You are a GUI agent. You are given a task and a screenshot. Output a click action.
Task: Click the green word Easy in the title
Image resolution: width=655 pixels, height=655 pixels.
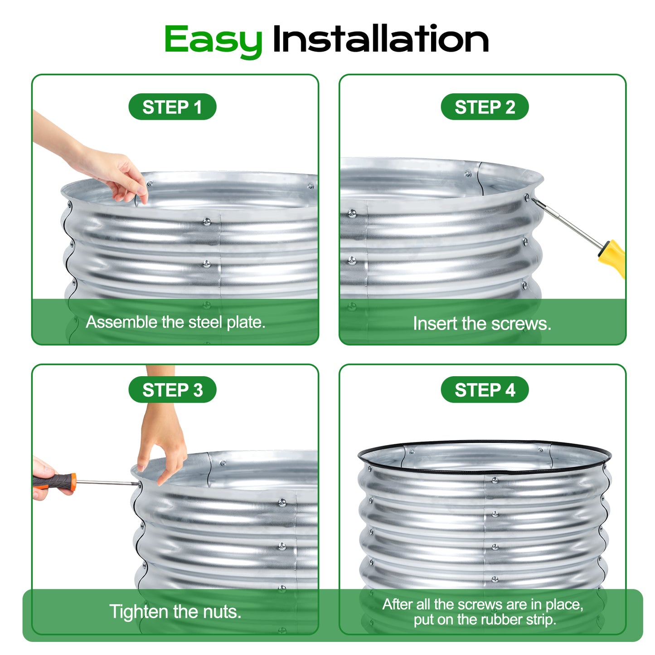click(x=213, y=40)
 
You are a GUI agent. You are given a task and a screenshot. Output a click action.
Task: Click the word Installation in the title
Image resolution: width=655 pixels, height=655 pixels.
click(x=380, y=39)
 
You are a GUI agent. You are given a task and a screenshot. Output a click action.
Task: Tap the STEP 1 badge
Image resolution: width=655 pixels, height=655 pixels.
click(x=172, y=107)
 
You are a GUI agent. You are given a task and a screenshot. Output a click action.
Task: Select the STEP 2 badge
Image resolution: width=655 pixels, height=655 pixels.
click(x=485, y=107)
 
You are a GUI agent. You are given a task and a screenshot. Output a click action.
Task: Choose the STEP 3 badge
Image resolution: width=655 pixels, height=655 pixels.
click(x=172, y=390)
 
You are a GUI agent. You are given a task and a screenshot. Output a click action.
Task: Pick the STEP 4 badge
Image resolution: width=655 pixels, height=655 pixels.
click(x=485, y=390)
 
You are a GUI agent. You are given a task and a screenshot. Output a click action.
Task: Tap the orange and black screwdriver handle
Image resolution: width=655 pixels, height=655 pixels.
click(x=55, y=481)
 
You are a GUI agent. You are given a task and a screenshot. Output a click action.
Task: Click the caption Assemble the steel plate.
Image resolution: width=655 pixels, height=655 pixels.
click(x=175, y=322)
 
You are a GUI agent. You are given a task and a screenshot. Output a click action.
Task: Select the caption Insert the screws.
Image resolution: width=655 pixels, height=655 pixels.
click(x=482, y=324)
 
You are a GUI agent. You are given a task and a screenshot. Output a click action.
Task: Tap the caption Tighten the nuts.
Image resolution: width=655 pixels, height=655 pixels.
click(x=175, y=612)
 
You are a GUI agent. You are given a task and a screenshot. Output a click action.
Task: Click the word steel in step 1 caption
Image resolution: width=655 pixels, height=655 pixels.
click(x=205, y=322)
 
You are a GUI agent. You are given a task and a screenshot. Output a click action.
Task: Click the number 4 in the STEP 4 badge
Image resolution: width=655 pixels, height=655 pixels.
click(x=510, y=390)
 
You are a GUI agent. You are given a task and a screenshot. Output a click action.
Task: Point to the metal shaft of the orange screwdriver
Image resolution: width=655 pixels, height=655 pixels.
click(x=107, y=482)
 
